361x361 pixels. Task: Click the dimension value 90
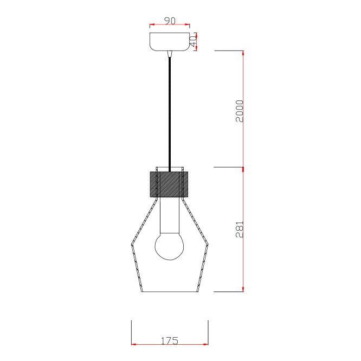click(170, 21)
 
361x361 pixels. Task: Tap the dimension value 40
click(193, 41)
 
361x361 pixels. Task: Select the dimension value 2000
click(240, 111)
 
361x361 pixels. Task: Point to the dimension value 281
click(240, 230)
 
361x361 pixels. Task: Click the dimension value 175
click(170, 341)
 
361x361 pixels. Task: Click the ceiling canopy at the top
click(170, 41)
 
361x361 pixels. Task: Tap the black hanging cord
click(170, 114)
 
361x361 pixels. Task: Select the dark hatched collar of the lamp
click(169, 184)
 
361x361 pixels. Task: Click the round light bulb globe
click(170, 246)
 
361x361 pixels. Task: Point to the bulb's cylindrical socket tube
click(170, 216)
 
